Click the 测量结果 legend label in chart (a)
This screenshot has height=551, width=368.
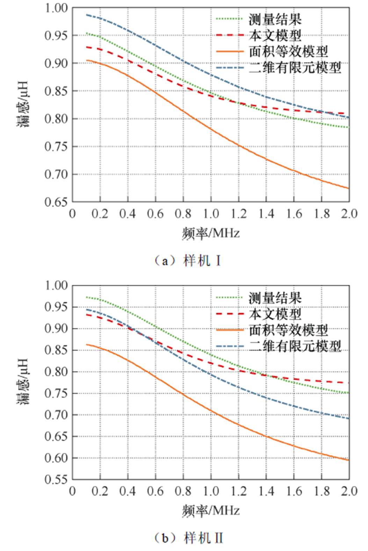coord(275,19)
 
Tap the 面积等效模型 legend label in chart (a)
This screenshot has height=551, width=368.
coord(288,51)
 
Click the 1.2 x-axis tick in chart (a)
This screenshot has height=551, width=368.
coord(238,213)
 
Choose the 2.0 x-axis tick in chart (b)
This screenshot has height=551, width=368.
coord(348,491)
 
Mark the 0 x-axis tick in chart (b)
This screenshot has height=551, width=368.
coord(72,491)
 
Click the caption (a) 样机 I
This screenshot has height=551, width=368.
coord(188,261)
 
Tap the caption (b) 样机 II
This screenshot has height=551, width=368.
coord(188,538)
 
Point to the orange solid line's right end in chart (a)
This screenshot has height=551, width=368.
coord(349,188)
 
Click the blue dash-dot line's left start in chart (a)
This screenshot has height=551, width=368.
coord(86,15)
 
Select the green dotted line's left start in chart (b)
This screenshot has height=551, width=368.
coord(86,297)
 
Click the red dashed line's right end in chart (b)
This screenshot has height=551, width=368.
coord(349,383)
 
